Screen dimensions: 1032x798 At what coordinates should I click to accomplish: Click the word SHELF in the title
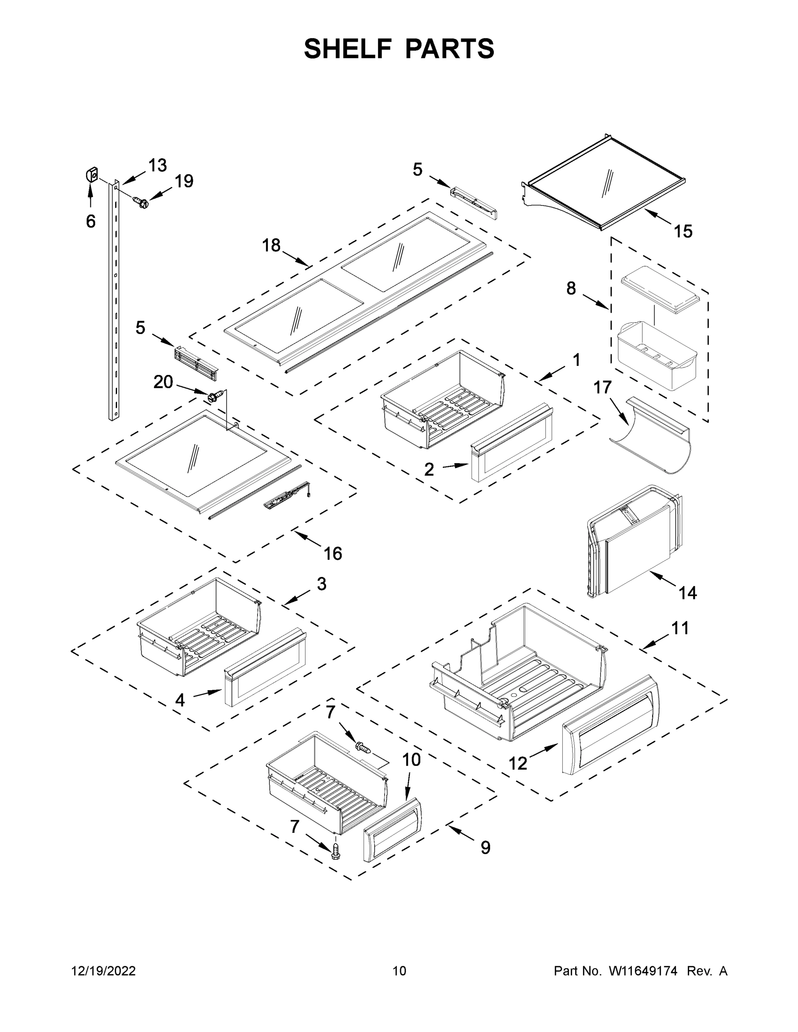point(348,49)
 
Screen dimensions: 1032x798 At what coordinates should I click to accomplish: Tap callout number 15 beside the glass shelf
point(683,231)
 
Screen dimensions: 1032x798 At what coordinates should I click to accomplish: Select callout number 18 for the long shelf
point(271,245)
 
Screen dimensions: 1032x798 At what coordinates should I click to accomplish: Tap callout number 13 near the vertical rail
point(157,166)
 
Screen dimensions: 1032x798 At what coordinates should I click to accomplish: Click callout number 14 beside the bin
point(687,593)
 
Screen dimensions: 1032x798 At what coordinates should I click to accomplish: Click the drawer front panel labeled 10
point(391,830)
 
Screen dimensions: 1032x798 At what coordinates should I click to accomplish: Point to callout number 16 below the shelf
point(333,553)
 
